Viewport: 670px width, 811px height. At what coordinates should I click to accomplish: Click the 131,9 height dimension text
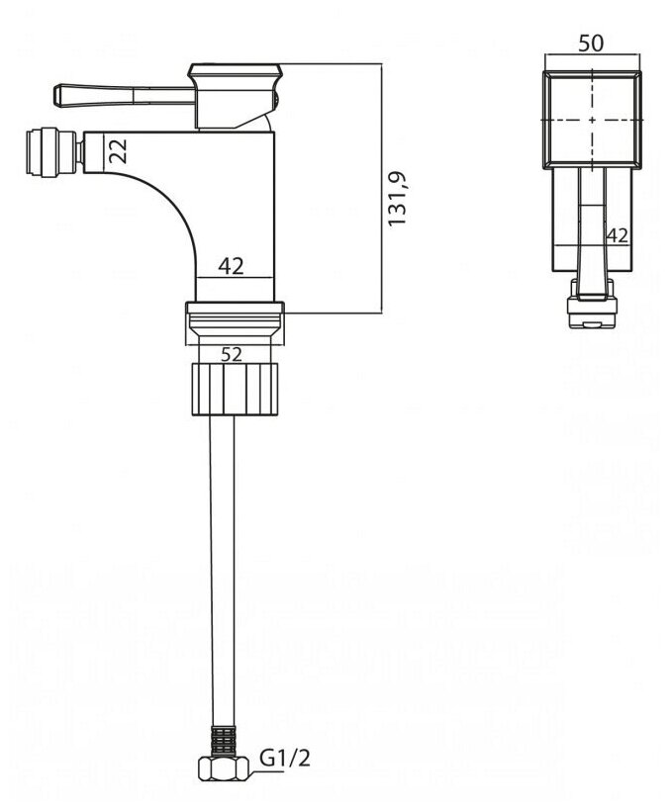point(398,199)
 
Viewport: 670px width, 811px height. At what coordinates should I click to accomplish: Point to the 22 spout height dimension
point(119,150)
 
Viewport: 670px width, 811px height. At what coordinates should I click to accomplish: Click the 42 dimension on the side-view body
point(232,265)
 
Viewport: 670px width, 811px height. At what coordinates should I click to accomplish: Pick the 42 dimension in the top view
point(618,235)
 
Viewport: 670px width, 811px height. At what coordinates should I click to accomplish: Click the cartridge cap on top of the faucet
point(236,71)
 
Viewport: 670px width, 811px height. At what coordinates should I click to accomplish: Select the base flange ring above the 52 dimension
point(236,324)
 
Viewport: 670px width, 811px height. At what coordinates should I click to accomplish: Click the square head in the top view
point(592,118)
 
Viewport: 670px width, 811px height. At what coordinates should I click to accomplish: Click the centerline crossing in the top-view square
point(592,119)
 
